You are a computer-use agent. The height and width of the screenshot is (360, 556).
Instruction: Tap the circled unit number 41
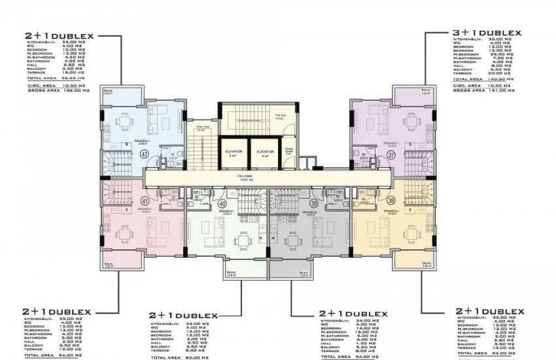tap(145, 201)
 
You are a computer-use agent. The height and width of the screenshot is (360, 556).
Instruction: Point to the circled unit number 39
tap(313, 204)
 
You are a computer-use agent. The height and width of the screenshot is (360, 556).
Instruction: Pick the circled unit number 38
tap(391, 202)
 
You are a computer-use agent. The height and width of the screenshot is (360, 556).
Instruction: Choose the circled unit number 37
tap(391, 155)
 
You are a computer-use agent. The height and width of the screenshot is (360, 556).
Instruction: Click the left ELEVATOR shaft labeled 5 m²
tap(233, 154)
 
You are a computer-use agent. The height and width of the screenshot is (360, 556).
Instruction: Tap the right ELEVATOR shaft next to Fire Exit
tap(264, 154)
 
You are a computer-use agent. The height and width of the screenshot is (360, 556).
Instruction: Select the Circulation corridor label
tap(265, 177)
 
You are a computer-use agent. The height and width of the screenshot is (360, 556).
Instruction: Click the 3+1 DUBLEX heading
tap(487, 33)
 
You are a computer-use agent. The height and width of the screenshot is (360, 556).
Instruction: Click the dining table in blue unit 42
tap(124, 120)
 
